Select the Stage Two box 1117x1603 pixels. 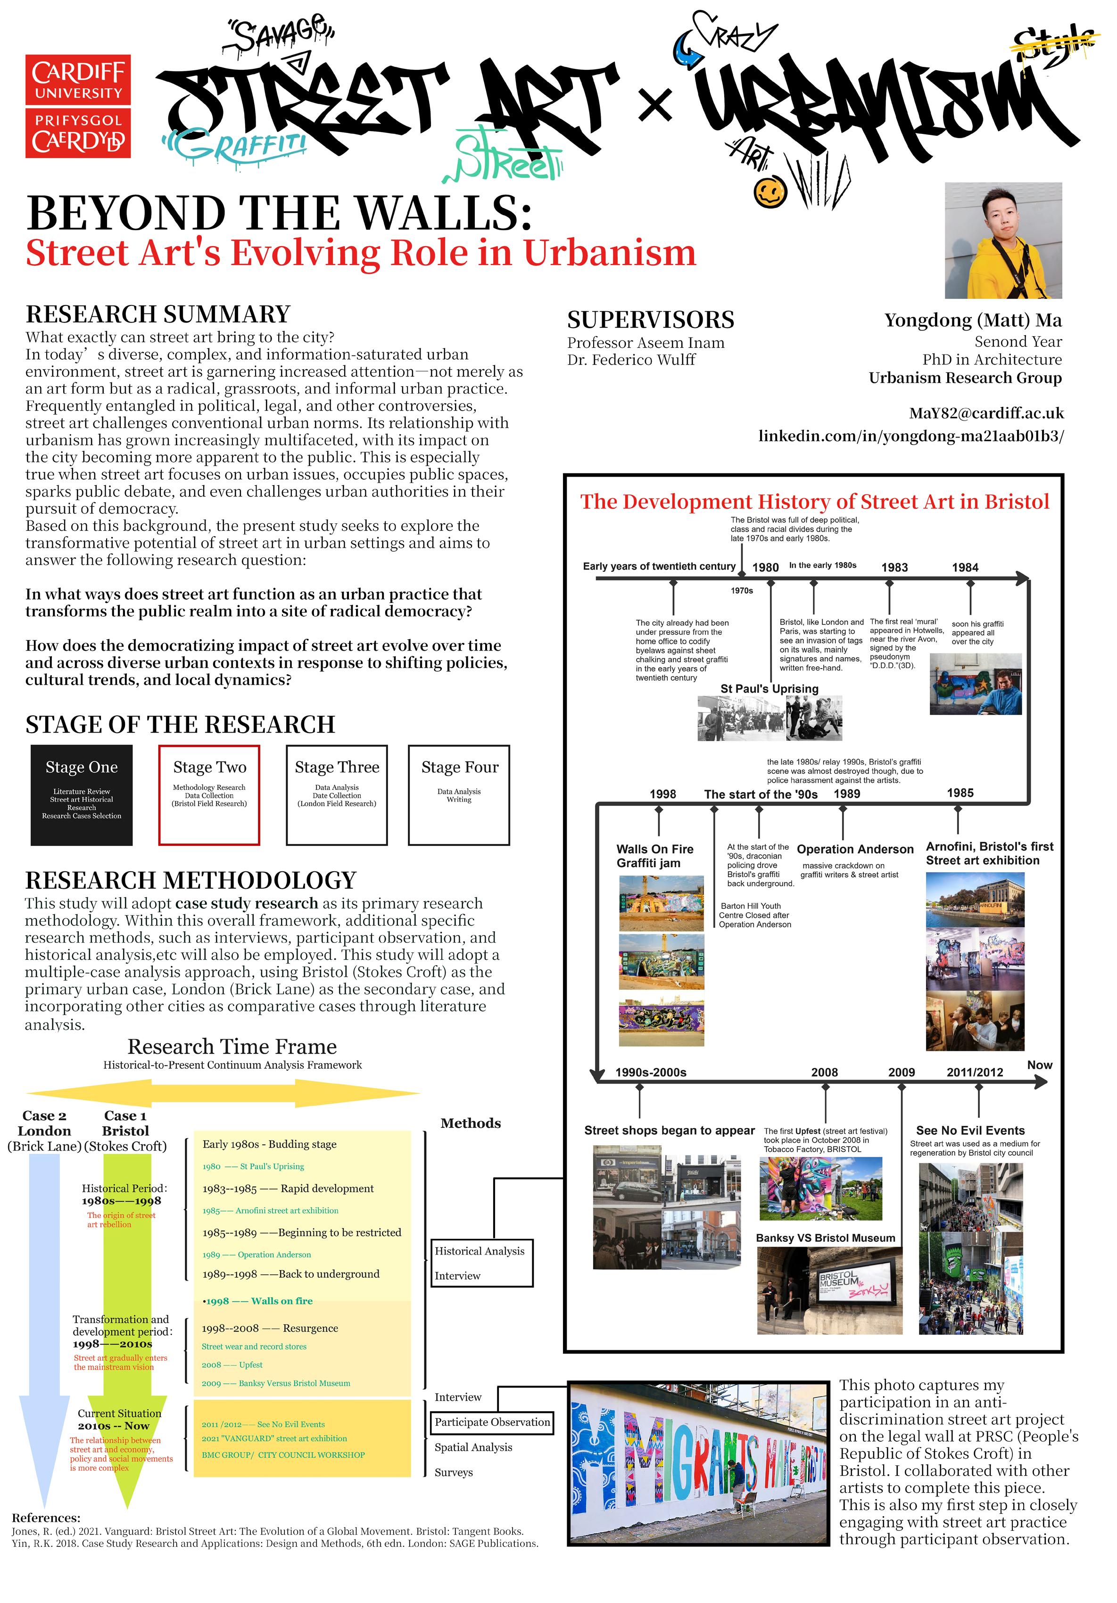pyautogui.click(x=209, y=794)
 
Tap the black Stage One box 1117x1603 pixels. pyautogui.click(x=82, y=794)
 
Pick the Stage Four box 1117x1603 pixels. pyautogui.click(x=459, y=794)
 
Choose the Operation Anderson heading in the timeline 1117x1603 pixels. pyautogui.click(x=854, y=849)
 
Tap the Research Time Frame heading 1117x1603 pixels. pyautogui.click(x=232, y=1047)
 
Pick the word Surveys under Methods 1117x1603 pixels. pyautogui.click(x=454, y=1472)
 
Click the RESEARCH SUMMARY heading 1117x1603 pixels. pyautogui.click(x=158, y=314)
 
